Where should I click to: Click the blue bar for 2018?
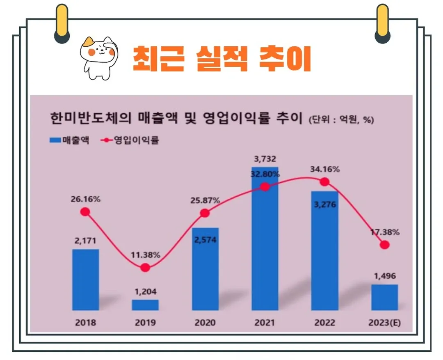pyautogui.click(x=85, y=280)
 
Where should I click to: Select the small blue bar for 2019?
pyautogui.click(x=145, y=305)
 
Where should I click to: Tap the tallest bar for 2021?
pyautogui.click(x=265, y=238)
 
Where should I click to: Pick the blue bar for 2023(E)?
pyautogui.click(x=384, y=297)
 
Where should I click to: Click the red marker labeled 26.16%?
pyautogui.click(x=85, y=212)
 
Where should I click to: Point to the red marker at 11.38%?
pyautogui.click(x=145, y=268)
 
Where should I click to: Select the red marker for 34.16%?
pyautogui.click(x=324, y=182)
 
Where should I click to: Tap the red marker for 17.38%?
pyautogui.click(x=384, y=245)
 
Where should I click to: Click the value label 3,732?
pyautogui.click(x=265, y=159)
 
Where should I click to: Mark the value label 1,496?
pyautogui.click(x=384, y=276)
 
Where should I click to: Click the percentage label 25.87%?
pyautogui.click(x=205, y=201)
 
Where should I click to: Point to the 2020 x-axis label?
pyautogui.click(x=205, y=323)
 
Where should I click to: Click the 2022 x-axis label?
pyautogui.click(x=325, y=323)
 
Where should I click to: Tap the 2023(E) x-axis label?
pyautogui.click(x=384, y=323)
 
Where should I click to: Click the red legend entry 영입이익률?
pyautogui.click(x=129, y=140)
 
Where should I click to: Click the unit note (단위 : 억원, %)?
pyautogui.click(x=340, y=120)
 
